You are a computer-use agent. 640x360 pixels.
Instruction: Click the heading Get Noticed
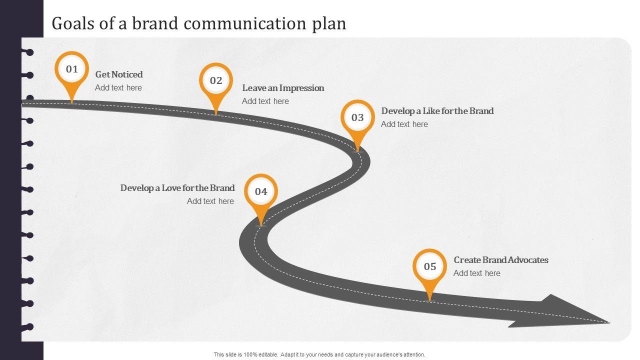pos(119,74)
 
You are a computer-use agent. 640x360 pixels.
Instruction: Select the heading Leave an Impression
pos(283,88)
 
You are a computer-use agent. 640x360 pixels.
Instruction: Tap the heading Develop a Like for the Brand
pos(437,111)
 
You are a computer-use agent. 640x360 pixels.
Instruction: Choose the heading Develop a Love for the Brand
pos(177,188)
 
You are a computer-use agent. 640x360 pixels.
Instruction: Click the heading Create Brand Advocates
pos(501,260)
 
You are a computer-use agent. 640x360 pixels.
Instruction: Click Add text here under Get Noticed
pos(118,88)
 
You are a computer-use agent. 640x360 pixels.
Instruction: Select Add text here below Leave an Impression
pos(265,101)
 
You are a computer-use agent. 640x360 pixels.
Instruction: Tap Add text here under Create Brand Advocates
pos(477,273)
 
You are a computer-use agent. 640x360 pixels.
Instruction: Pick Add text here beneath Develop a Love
pos(210,201)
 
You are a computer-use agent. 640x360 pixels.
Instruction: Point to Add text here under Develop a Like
pos(404,124)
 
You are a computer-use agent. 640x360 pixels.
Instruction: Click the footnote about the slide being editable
pos(319,354)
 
